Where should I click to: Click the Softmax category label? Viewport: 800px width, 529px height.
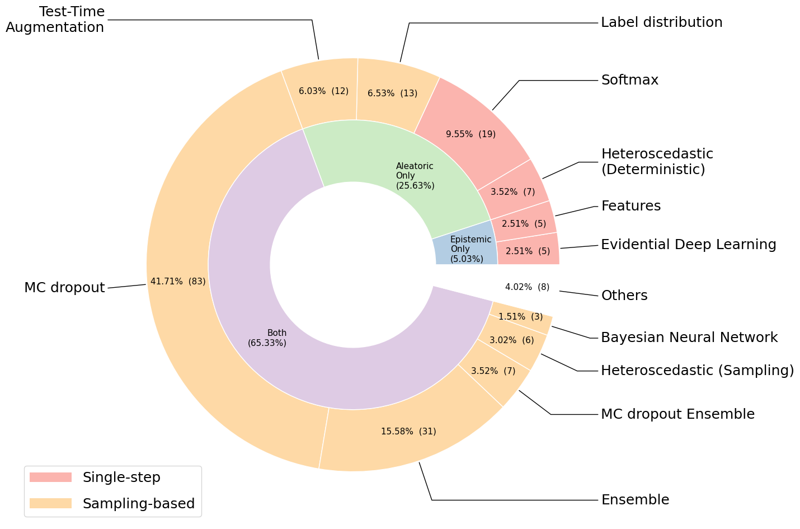(629, 79)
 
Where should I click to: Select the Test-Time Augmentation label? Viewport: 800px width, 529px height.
(55, 19)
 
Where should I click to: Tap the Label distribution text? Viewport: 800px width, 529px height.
(662, 22)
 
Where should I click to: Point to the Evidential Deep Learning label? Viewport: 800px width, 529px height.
(689, 245)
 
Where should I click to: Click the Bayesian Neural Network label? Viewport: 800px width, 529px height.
(689, 338)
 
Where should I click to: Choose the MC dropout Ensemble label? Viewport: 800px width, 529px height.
(678, 414)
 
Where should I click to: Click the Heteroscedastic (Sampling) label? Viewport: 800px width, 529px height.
(698, 371)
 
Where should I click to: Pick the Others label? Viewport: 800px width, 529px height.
(624, 295)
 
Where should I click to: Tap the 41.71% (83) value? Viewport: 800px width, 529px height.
(178, 282)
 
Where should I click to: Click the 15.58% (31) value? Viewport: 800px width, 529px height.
(408, 432)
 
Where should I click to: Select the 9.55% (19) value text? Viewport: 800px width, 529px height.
(470, 134)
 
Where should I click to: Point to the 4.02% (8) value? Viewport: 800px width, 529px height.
(527, 287)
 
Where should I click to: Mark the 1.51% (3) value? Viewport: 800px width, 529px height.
(520, 317)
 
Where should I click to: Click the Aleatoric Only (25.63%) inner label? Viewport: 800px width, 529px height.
(415, 176)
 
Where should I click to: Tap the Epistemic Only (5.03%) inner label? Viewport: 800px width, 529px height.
(470, 249)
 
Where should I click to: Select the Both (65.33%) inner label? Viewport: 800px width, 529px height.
(267, 338)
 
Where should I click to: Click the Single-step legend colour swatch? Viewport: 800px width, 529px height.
(51, 477)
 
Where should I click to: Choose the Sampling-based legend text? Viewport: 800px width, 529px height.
(139, 503)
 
